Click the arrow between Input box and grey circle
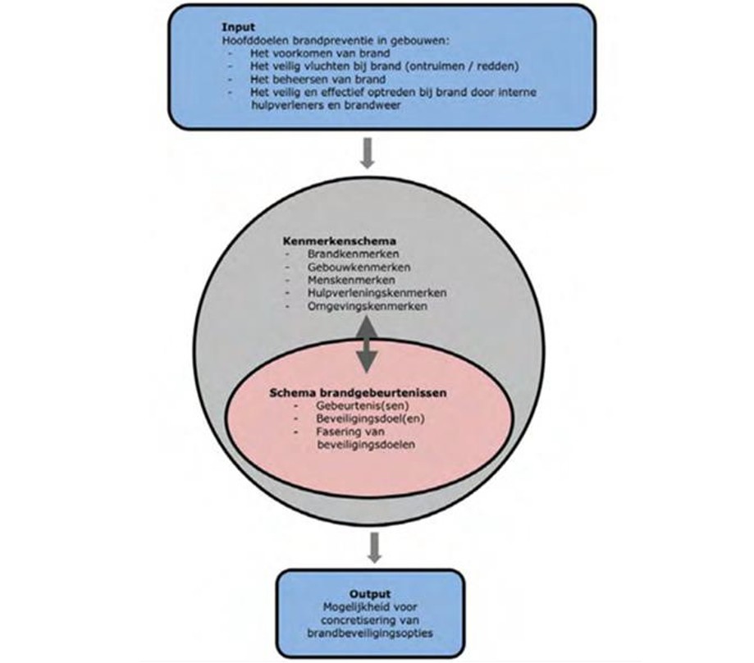coord(367,153)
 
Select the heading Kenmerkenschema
coord(331,243)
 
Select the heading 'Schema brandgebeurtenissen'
coord(358,393)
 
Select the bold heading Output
coord(367,592)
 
